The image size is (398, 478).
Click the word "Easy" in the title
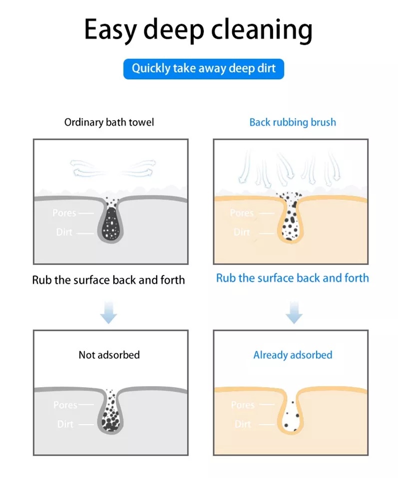click(110, 30)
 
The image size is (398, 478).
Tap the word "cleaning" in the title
click(262, 29)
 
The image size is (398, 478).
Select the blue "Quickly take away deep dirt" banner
click(204, 69)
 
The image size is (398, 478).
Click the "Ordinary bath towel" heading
click(109, 122)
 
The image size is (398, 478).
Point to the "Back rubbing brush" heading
click(293, 122)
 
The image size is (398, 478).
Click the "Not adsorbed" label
click(109, 355)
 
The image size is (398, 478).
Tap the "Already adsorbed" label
click(293, 355)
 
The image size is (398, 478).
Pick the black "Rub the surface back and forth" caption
click(108, 280)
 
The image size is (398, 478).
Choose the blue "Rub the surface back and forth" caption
click(293, 278)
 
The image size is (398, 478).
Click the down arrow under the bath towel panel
click(109, 312)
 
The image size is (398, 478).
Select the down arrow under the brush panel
click(294, 312)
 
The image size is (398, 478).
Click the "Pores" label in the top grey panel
click(64, 213)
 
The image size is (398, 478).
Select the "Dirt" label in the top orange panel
click(242, 233)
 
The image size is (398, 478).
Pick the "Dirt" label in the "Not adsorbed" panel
click(65, 424)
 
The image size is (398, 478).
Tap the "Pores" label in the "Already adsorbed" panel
click(243, 405)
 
